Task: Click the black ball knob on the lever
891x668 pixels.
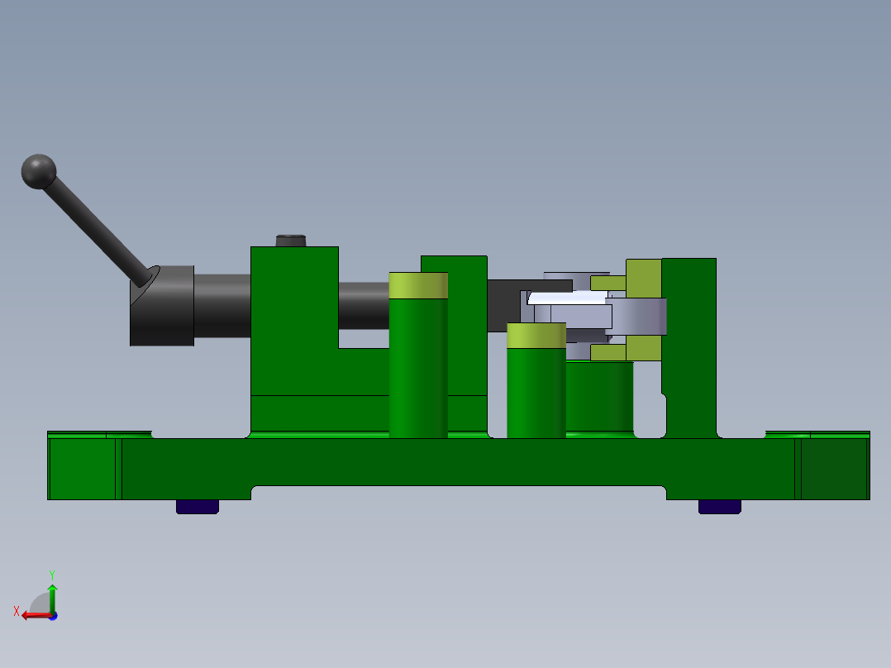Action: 38,171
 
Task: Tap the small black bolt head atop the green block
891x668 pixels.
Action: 290,241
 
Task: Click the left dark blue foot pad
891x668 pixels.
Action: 198,506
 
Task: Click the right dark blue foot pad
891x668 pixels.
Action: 719,506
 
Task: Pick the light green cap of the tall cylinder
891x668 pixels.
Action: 418,285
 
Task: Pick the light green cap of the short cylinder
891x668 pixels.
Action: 536,336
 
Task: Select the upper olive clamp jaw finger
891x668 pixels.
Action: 608,283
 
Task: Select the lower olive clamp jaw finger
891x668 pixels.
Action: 608,353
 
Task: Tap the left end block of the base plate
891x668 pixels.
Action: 82,469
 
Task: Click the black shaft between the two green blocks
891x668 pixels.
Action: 363,306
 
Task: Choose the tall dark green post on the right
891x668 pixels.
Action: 689,347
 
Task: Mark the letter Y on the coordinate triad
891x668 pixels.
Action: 52,574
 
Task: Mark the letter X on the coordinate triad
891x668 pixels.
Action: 17,611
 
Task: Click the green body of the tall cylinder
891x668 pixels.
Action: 418,368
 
